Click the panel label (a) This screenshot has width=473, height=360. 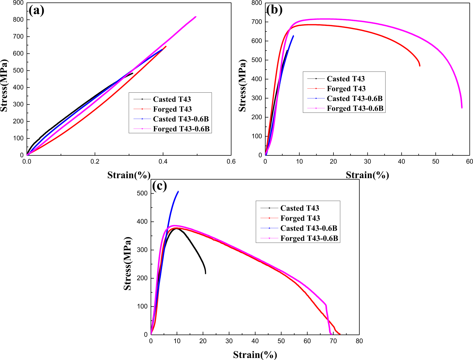36,11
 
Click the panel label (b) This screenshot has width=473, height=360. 274,10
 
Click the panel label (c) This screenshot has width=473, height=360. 159,186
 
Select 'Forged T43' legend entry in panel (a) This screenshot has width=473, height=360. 172,109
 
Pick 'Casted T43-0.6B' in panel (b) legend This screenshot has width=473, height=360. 354,98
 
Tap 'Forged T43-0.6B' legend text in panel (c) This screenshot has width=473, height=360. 309,238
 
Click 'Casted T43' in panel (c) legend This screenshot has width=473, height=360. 300,208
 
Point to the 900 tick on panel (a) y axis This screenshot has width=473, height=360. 18,3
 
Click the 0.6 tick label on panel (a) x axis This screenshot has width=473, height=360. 231,161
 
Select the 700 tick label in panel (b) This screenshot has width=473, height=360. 256,22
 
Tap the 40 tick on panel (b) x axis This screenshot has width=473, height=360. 401,161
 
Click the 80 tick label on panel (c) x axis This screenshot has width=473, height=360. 359,341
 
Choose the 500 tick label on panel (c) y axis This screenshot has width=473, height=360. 142,193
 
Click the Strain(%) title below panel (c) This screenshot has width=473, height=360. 255,355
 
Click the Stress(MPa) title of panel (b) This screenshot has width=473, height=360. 243,85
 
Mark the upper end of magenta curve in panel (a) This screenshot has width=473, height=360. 196,17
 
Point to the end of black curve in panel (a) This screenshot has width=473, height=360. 133,73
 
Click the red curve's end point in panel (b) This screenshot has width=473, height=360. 420,66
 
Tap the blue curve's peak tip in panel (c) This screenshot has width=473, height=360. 178,191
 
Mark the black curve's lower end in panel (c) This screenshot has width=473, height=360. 205,273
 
